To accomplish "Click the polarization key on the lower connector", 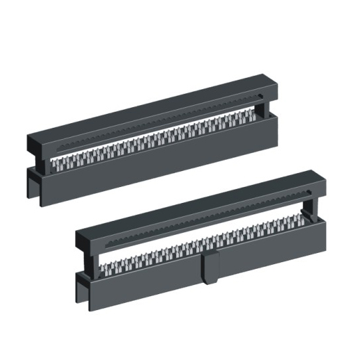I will (x=211, y=267).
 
